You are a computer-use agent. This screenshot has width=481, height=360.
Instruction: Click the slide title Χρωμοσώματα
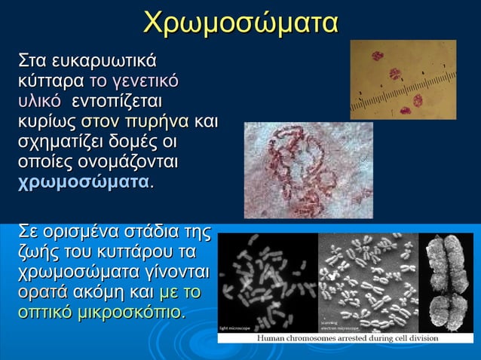[x=240, y=22]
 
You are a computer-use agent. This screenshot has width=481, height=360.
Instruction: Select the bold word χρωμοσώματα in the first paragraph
[x=83, y=181]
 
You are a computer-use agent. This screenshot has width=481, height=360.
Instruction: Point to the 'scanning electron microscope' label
[x=334, y=325]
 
